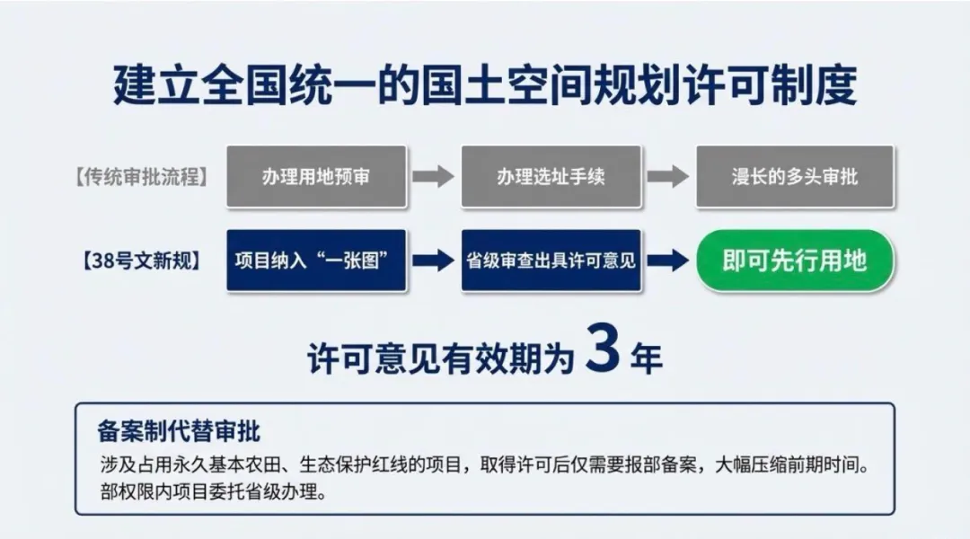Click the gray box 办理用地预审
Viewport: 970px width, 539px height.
[316, 177]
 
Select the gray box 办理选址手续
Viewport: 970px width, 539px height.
[551, 177]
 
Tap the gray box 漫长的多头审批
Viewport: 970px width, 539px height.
[795, 177]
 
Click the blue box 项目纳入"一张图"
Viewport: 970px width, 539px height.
[316, 261]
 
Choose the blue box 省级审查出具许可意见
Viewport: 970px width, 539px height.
[551, 261]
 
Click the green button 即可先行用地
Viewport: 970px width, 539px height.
[795, 261]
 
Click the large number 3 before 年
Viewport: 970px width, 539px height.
[602, 351]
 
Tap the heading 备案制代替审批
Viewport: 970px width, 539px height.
[179, 431]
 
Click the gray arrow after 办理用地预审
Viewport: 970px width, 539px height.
[433, 177]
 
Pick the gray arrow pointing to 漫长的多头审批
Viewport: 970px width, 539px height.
[668, 177]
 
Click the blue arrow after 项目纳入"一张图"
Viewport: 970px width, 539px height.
[433, 261]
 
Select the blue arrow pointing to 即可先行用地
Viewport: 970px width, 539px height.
[668, 261]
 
